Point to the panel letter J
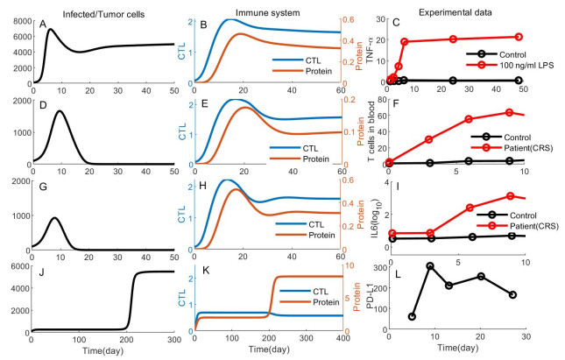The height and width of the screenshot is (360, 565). pyautogui.click(x=41, y=273)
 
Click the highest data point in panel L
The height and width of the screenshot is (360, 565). pyautogui.click(x=430, y=265)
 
